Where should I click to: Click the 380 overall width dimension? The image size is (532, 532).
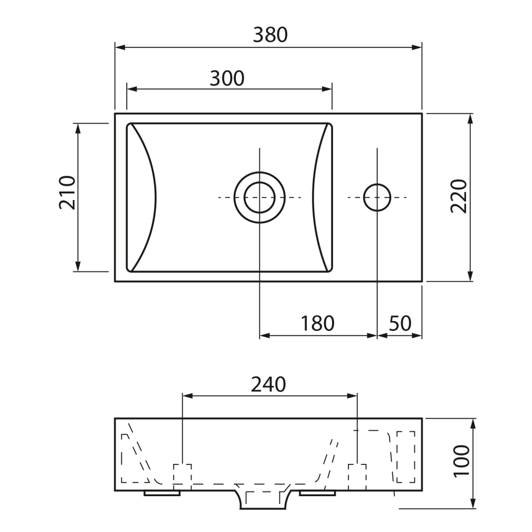[x=270, y=35]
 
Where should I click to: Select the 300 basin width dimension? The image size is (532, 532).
[x=227, y=78]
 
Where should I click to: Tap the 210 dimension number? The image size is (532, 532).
[x=67, y=192]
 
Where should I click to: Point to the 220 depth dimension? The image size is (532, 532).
[x=459, y=196]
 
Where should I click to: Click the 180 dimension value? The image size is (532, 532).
[x=317, y=323]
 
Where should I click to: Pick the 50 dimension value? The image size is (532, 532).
[x=400, y=323]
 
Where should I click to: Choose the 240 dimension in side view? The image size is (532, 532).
[x=269, y=384]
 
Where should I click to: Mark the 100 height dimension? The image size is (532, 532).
[x=462, y=461]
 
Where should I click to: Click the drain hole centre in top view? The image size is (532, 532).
[x=260, y=197]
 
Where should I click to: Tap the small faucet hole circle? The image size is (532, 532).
[x=377, y=197]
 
